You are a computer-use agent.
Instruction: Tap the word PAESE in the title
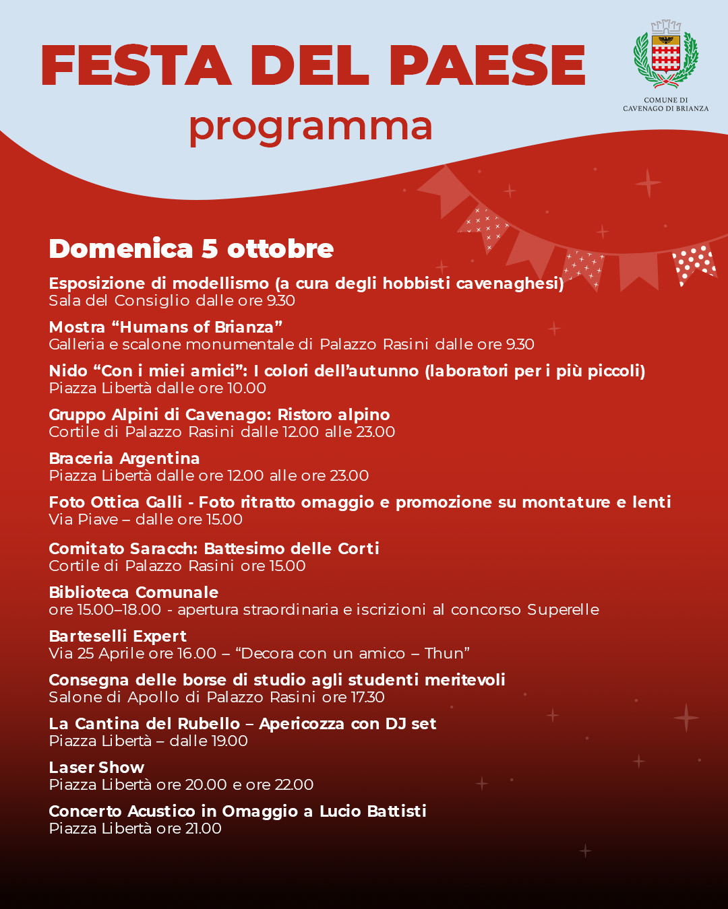(x=487, y=66)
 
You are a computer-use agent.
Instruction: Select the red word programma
(x=310, y=127)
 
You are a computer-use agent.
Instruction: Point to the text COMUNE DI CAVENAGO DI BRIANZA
(x=665, y=104)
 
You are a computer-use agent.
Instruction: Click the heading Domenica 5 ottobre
(x=191, y=249)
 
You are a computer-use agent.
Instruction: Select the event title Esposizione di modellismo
(x=159, y=283)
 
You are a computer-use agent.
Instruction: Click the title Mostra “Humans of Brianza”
(x=165, y=327)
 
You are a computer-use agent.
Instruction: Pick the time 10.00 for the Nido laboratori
(x=246, y=389)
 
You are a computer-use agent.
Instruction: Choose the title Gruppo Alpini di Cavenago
(x=160, y=415)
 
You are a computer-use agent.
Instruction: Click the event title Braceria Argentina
(x=124, y=459)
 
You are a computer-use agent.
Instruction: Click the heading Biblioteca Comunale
(x=133, y=593)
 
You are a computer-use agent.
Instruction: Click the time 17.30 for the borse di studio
(x=367, y=698)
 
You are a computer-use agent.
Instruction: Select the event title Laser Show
(x=96, y=768)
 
